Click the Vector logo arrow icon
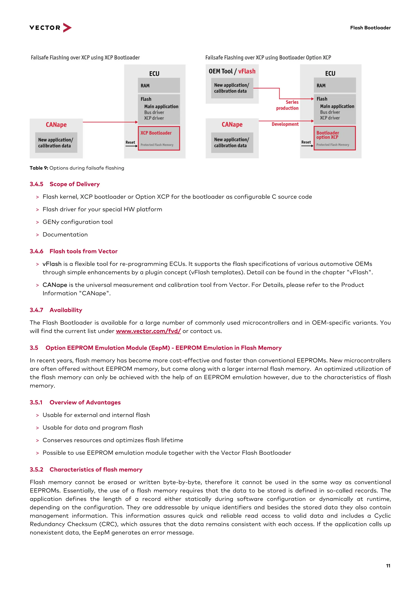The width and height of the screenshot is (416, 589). [67, 27]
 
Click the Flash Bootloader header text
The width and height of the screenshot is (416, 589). [370, 28]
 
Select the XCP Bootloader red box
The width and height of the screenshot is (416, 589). [159, 138]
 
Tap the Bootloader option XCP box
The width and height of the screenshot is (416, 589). [335, 138]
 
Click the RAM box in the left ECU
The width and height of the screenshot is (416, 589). [159, 85]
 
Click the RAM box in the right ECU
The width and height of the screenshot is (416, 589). [335, 85]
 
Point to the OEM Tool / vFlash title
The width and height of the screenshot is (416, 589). [232, 71]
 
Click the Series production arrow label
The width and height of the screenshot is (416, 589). [288, 105]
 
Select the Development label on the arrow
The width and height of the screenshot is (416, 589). [285, 124]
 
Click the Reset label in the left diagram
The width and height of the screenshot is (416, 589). [130, 142]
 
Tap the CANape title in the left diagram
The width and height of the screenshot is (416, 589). [56, 125]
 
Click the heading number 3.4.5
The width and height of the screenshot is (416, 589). [36, 184]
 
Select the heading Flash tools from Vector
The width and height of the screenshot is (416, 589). [83, 251]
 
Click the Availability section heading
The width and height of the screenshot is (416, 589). [66, 310]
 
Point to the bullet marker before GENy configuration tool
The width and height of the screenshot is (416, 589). [37, 222]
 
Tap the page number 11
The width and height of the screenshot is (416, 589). [388, 566]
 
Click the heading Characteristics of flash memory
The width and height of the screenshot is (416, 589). [96, 469]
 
